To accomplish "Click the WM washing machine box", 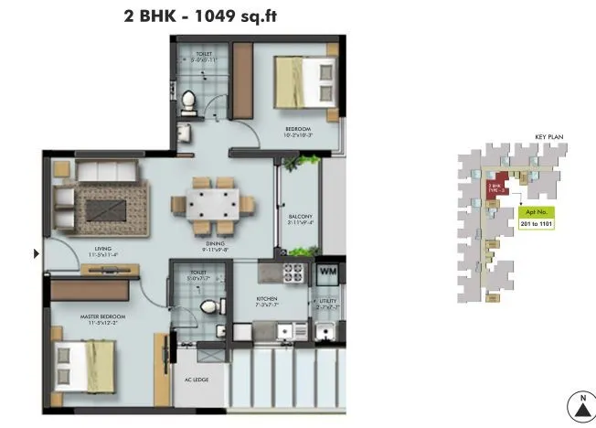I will click(326, 273).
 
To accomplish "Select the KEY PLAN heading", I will click(548, 138).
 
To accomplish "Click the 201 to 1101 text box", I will click(534, 222).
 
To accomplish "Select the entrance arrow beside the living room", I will click(37, 252).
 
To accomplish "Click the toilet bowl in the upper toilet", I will click(189, 101).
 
